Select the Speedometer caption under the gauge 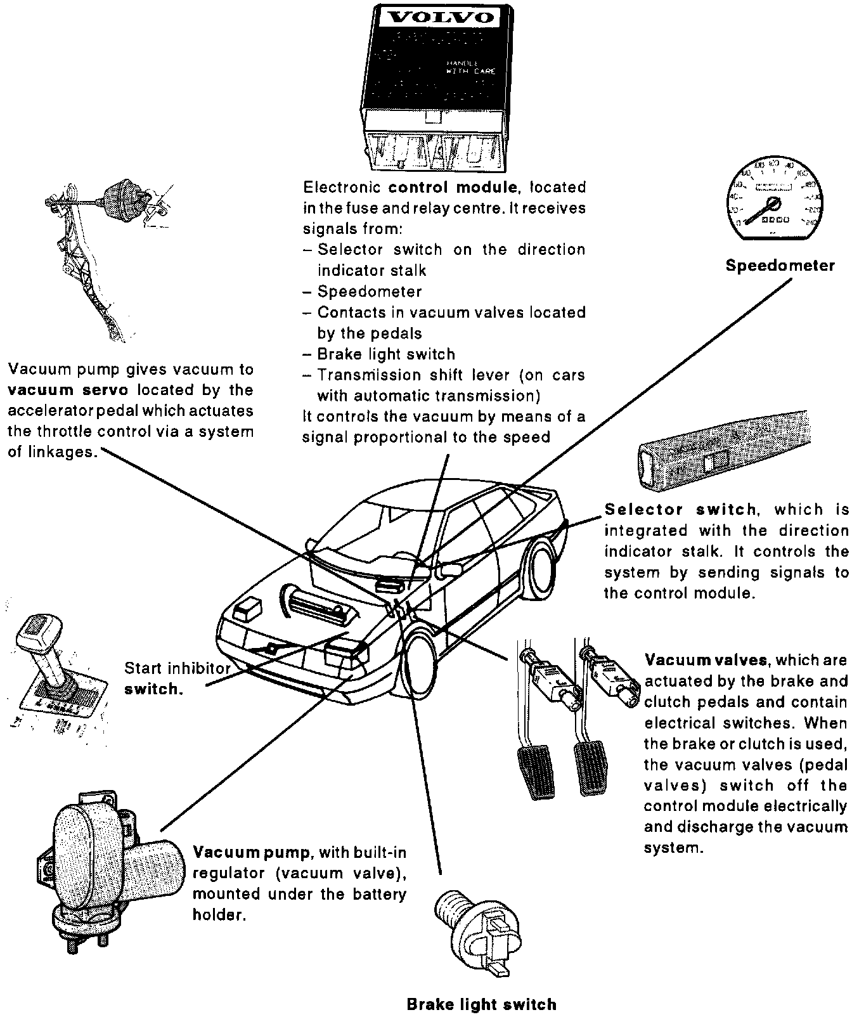pos(780,265)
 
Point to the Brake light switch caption pos(481,1004)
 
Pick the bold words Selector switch pos(680,510)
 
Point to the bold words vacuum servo pos(68,390)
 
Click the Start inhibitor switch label pos(177,678)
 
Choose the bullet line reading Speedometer pos(369,292)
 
